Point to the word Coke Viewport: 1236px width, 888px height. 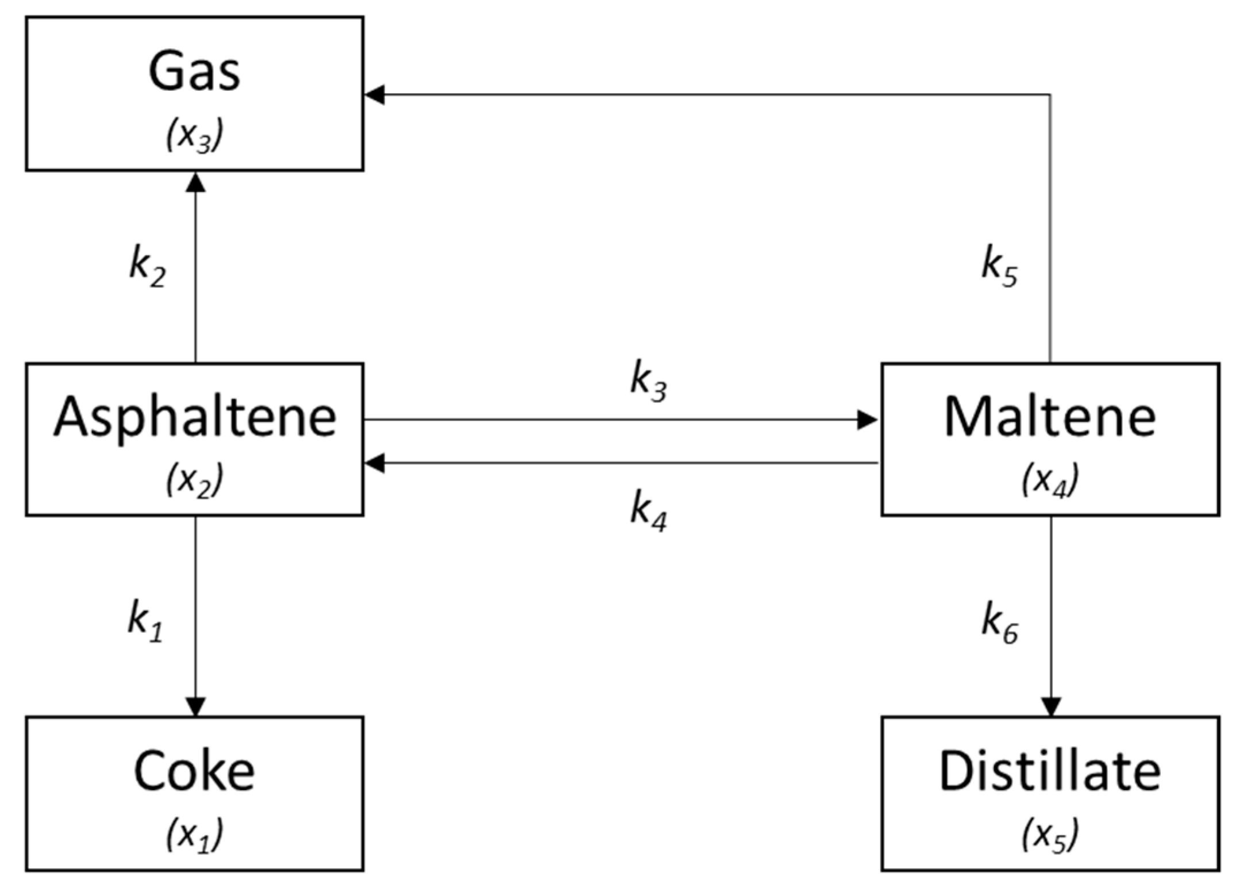click(194, 771)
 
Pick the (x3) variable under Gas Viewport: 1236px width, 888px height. click(194, 135)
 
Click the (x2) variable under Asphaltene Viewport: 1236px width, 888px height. click(194, 480)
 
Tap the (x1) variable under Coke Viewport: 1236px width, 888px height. click(194, 835)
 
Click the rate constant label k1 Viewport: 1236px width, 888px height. click(145, 623)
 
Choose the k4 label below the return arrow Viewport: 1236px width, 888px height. click(648, 512)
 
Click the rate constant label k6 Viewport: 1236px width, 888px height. click(999, 624)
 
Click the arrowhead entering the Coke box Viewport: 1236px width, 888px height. click(195, 706)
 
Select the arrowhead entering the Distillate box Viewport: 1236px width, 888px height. click(1051, 706)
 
